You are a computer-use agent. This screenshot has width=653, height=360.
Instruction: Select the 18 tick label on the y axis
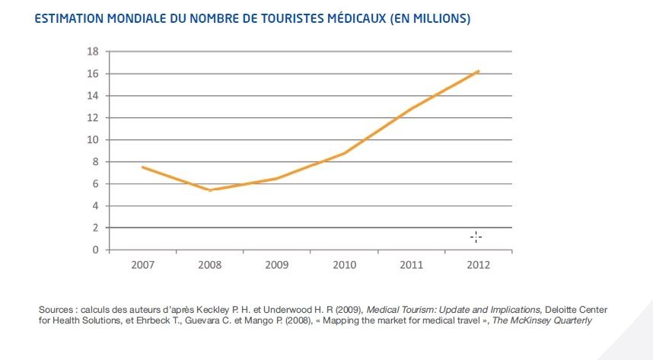pyautogui.click(x=94, y=52)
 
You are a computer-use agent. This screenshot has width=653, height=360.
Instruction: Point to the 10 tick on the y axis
pyautogui.click(x=94, y=140)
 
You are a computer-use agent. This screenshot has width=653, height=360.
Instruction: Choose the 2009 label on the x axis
pyautogui.click(x=276, y=265)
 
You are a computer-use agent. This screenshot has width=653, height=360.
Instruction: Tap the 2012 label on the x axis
pyautogui.click(x=478, y=265)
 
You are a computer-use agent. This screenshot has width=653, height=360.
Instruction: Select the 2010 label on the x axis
pyautogui.click(x=344, y=265)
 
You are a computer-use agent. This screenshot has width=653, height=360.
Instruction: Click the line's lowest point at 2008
pyautogui.click(x=209, y=190)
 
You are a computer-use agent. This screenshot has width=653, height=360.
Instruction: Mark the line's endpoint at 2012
pyautogui.click(x=478, y=72)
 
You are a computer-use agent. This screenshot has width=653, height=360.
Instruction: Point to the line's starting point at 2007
pyautogui.click(x=142, y=167)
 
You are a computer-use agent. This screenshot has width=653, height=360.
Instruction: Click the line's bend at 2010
pyautogui.click(x=344, y=153)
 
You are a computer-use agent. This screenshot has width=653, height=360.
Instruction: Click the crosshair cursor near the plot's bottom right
pyautogui.click(x=476, y=237)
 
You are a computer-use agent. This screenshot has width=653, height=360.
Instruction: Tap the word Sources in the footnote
pyautogui.click(x=57, y=311)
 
